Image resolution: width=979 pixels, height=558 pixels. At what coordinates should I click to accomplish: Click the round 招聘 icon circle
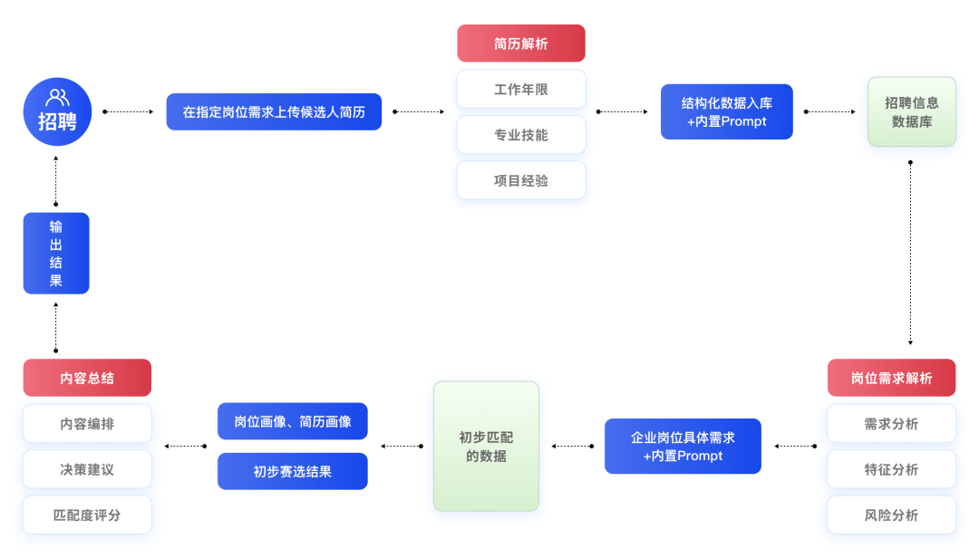57,111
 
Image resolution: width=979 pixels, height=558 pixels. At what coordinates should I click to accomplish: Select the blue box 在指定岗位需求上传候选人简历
274,111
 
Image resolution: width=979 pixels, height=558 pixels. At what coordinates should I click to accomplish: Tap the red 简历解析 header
521,43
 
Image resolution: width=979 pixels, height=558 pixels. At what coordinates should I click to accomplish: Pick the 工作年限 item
521,90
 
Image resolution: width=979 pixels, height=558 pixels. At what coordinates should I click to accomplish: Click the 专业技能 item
521,135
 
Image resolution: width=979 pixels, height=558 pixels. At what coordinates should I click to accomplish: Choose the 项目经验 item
521,180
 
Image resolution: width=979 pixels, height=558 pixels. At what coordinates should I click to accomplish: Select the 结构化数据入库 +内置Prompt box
726,111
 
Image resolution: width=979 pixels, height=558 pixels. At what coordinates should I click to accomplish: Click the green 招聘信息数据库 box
911,111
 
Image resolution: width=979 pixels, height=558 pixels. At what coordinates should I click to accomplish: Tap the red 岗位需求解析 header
891,378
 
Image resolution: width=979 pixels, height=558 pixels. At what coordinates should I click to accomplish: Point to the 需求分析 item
891,424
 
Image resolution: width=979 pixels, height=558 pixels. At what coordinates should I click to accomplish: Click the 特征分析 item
891,469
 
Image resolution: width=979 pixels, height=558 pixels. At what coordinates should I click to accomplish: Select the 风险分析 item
891,515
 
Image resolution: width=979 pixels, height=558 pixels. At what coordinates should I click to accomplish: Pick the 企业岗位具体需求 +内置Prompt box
683,446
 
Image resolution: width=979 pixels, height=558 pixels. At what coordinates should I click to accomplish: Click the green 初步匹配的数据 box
486,446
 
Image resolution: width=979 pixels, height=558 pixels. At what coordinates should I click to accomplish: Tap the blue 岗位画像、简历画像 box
292,421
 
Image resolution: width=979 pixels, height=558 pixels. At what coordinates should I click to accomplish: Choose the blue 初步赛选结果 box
292,471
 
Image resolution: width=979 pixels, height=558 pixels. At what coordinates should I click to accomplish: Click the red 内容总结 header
87,378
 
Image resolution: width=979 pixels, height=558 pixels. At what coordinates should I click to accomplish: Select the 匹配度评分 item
87,515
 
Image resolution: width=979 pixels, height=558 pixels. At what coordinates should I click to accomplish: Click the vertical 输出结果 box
56,253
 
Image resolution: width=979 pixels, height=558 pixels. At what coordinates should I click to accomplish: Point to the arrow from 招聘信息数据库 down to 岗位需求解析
910,254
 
